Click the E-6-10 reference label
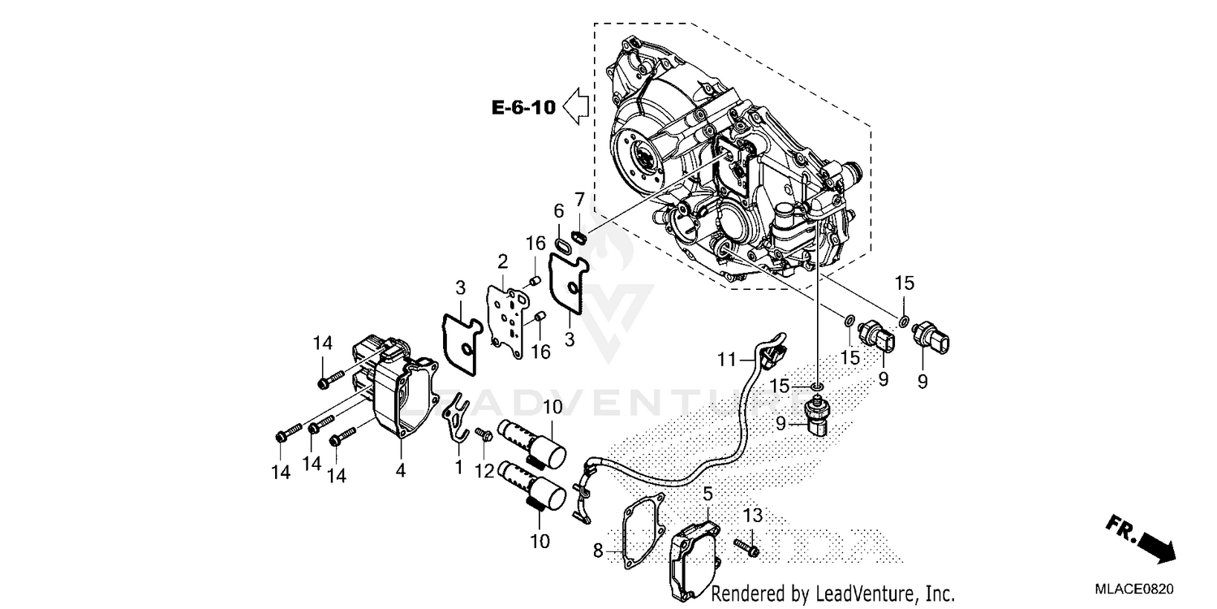(523, 107)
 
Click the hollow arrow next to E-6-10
(575, 106)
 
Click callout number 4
(402, 471)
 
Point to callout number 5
(707, 493)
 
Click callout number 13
(752, 516)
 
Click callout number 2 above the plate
(503, 261)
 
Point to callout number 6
(558, 211)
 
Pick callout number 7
(579, 199)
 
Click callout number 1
(458, 468)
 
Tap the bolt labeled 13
(747, 548)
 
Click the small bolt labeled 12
(486, 435)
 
